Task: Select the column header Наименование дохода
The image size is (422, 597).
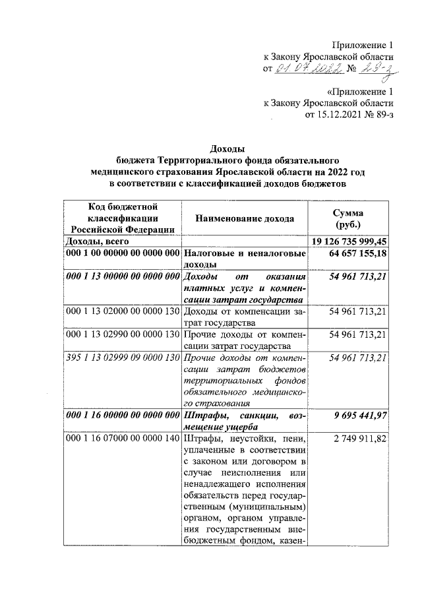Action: pyautogui.click(x=245, y=218)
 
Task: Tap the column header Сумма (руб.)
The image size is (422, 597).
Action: pyautogui.click(x=357, y=218)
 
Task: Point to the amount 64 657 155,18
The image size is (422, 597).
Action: pyautogui.click(x=357, y=253)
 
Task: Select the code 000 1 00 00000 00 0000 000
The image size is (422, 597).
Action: pyautogui.click(x=122, y=253)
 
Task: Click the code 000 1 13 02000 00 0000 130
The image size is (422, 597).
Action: pyautogui.click(x=122, y=311)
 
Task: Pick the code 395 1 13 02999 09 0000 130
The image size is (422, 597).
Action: pyautogui.click(x=122, y=357)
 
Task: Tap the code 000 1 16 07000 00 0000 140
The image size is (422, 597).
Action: pyautogui.click(x=122, y=439)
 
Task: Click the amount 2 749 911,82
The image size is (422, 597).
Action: pyautogui.click(x=361, y=439)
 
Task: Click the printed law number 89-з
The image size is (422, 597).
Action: pyautogui.click(x=382, y=115)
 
